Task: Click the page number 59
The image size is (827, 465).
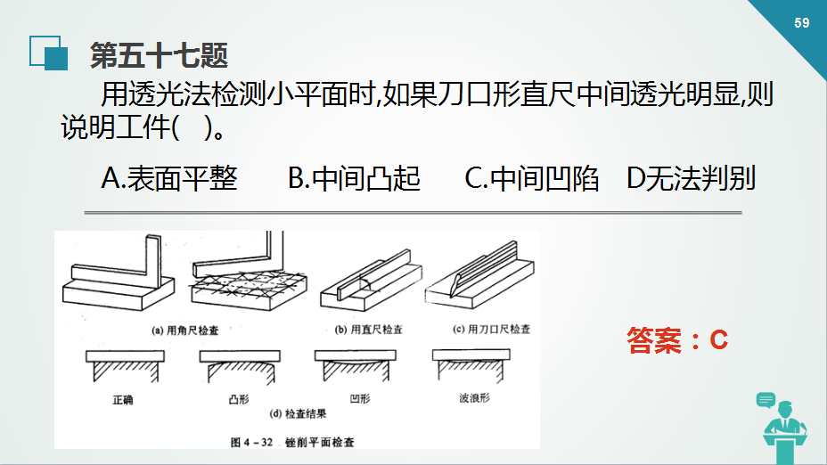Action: (x=802, y=22)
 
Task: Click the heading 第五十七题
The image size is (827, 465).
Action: (x=159, y=55)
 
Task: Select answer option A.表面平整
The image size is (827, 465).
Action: (x=169, y=178)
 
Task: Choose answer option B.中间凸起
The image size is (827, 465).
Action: (x=354, y=178)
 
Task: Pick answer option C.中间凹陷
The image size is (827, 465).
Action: (x=532, y=178)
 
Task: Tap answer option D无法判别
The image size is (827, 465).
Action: (x=691, y=178)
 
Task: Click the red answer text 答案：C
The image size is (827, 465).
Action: (x=678, y=339)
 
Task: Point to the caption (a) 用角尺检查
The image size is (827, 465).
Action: (x=185, y=330)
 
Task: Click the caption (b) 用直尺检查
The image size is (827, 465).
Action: (x=369, y=330)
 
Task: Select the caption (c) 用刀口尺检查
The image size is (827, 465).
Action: (x=492, y=329)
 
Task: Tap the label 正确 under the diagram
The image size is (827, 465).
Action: (x=123, y=400)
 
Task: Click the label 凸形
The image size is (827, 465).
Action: (x=239, y=400)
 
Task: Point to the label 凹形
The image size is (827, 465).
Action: (x=360, y=398)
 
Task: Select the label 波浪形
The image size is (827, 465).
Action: (x=475, y=398)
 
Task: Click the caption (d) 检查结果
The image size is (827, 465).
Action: (x=298, y=414)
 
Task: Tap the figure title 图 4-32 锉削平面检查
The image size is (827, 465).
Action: (x=292, y=442)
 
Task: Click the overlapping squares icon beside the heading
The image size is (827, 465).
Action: (x=48, y=53)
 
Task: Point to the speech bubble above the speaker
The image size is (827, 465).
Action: (x=766, y=400)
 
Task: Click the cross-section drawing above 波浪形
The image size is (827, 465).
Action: (x=471, y=364)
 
